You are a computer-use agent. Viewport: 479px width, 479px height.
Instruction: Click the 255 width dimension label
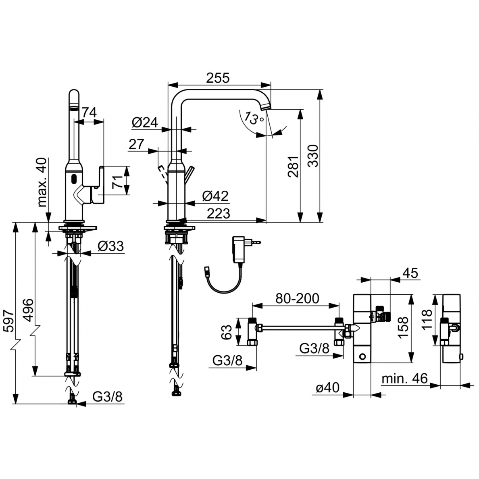[217, 78]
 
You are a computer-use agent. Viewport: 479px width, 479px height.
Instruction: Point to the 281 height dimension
[293, 167]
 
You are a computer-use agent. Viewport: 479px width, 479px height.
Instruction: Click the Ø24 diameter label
[145, 123]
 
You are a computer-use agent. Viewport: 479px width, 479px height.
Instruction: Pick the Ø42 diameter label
[215, 196]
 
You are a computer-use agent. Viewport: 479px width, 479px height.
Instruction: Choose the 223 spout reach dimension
[219, 214]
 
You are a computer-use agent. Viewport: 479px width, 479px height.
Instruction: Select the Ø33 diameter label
[111, 246]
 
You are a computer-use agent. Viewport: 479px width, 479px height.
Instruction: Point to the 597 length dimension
[8, 321]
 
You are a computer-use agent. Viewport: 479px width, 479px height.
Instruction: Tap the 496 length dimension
[28, 310]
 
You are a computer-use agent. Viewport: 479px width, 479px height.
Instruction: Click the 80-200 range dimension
[297, 298]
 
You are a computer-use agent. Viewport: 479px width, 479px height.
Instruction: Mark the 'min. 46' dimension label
[405, 379]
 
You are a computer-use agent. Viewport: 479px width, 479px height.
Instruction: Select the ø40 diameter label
[327, 387]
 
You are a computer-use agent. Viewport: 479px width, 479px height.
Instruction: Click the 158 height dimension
[403, 327]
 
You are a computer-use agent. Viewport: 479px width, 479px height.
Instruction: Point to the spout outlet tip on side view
[266, 107]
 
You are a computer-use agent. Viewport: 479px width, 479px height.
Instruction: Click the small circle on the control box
[362, 356]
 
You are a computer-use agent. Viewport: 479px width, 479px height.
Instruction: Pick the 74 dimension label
[90, 112]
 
